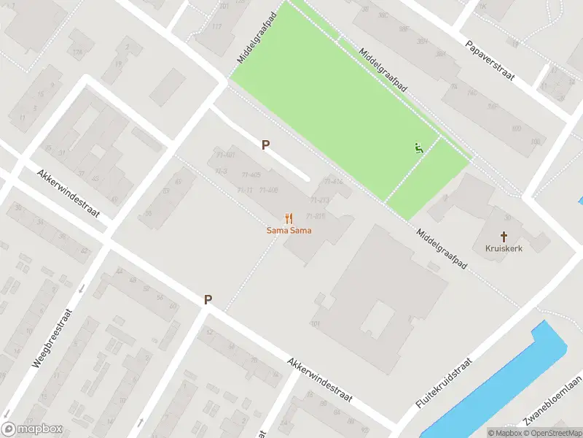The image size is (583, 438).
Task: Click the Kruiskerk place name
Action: (x=504, y=248)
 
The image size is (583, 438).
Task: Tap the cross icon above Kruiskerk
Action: (x=504, y=236)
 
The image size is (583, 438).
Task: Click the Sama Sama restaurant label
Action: (x=289, y=231)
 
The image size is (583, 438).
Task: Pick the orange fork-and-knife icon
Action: (x=289, y=218)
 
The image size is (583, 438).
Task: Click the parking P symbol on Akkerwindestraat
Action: (x=208, y=299)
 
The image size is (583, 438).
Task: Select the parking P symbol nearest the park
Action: (x=266, y=145)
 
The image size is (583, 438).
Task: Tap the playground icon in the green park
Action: (x=418, y=148)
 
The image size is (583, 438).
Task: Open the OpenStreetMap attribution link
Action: (x=552, y=433)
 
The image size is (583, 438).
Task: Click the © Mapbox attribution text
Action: (x=506, y=433)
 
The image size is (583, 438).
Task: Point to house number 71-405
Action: (x=251, y=175)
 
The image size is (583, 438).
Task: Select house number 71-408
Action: (x=268, y=191)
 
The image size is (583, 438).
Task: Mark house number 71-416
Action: (x=316, y=216)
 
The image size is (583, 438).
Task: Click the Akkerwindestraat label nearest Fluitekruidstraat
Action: (x=319, y=380)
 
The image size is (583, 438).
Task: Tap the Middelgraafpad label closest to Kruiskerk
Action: (x=442, y=250)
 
